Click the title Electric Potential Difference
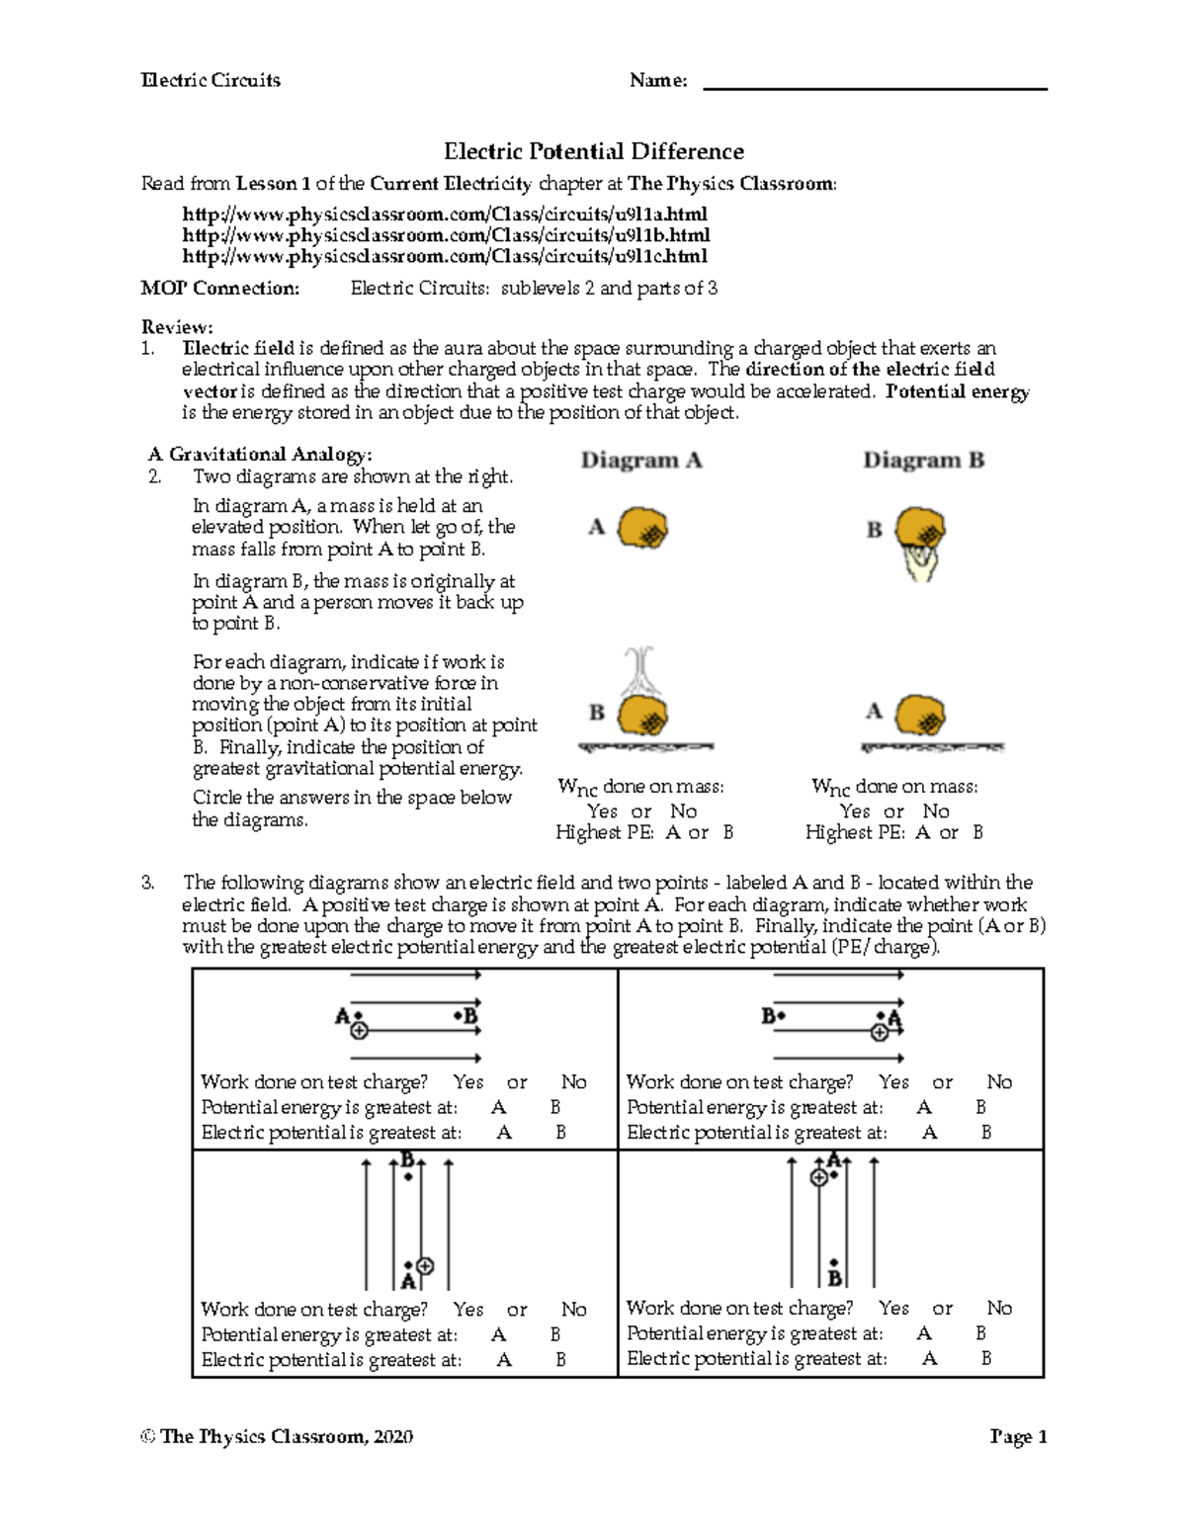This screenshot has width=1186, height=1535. (593, 151)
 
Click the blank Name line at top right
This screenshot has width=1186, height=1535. (874, 82)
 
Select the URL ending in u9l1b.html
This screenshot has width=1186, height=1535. (446, 235)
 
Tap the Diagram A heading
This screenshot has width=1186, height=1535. (641, 461)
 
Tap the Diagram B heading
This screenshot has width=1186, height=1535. (923, 461)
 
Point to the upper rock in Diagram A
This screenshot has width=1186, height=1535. (643, 528)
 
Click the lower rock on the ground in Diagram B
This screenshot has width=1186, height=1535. (920, 712)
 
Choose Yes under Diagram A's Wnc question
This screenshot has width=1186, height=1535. (602, 811)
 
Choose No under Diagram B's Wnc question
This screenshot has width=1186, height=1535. (935, 811)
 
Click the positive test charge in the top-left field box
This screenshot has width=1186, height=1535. (360, 1030)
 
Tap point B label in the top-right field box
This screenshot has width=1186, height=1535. (767, 1015)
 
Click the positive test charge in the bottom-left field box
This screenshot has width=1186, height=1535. (425, 1265)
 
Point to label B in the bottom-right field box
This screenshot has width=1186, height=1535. (834, 1279)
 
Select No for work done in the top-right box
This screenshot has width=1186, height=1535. (999, 1082)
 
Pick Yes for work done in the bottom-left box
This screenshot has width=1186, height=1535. (468, 1310)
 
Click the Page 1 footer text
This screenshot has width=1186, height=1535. (1017, 1437)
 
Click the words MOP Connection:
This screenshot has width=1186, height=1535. (219, 289)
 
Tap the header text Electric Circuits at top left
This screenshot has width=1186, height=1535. (211, 81)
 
